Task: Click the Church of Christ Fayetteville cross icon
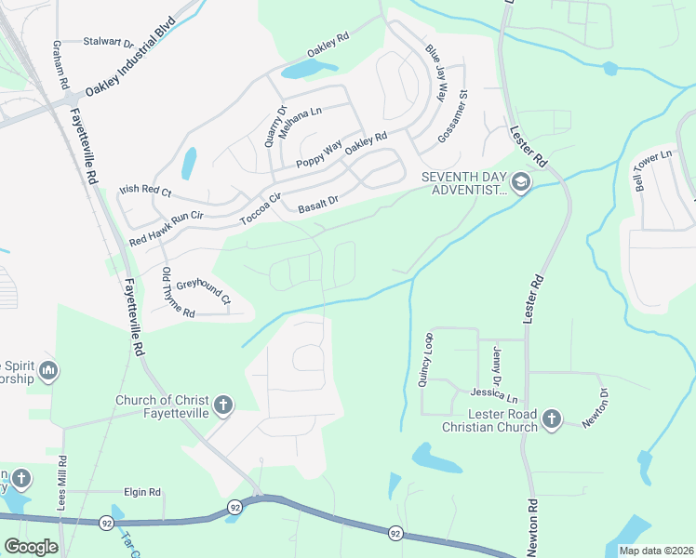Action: pyautogui.click(x=222, y=405)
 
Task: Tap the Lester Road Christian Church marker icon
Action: pyautogui.click(x=551, y=418)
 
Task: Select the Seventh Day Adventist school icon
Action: pyautogui.click(x=519, y=182)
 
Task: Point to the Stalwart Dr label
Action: pyautogui.click(x=109, y=42)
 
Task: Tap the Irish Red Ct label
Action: pyautogui.click(x=146, y=192)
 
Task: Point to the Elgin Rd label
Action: pyautogui.click(x=142, y=491)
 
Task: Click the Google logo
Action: pyautogui.click(x=31, y=546)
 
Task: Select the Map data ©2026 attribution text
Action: pyautogui.click(x=656, y=551)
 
